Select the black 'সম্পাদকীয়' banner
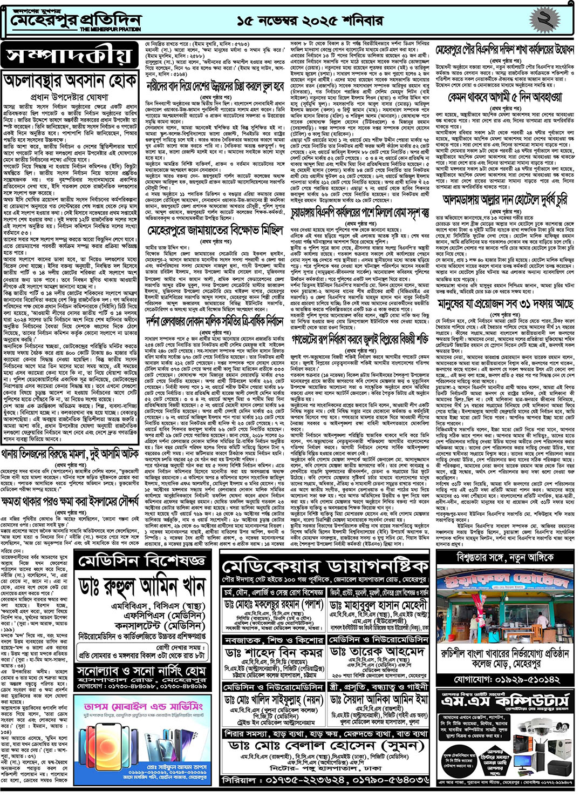[69, 56]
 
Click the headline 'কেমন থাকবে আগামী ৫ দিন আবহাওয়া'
[504, 97]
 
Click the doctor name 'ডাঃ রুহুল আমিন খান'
[142, 586]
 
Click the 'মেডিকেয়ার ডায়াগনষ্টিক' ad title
[325, 566]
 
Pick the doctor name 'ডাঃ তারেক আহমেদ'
[378, 652]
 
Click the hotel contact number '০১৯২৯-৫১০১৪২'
[506, 679]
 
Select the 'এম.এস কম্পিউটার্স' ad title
[506, 701]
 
